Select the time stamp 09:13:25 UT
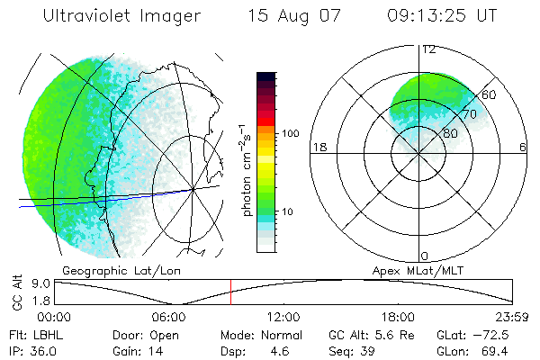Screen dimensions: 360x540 point(442,16)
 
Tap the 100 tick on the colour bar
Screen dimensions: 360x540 point(291,133)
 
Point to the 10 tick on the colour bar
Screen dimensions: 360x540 point(288,212)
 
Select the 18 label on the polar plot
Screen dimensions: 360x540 point(318,147)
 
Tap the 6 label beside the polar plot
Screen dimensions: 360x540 point(523,147)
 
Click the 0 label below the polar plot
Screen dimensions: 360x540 point(425,256)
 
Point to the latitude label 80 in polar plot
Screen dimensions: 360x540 point(451,134)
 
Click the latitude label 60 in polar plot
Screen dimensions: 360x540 point(490,94)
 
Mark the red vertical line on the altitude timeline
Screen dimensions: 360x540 point(230,292)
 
